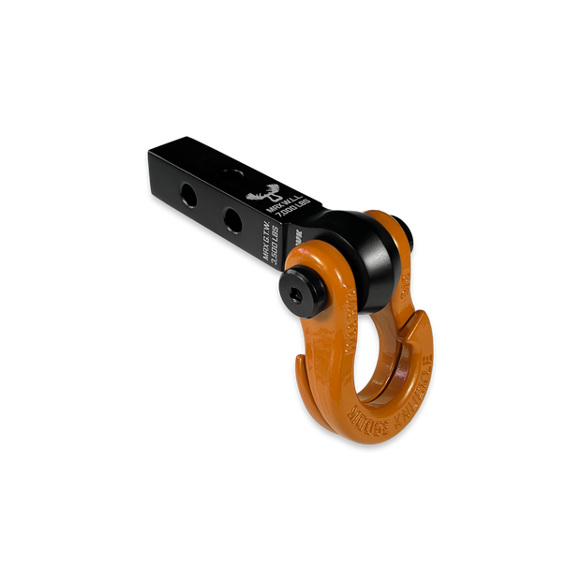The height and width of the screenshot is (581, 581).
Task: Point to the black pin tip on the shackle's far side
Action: [x=404, y=225]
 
